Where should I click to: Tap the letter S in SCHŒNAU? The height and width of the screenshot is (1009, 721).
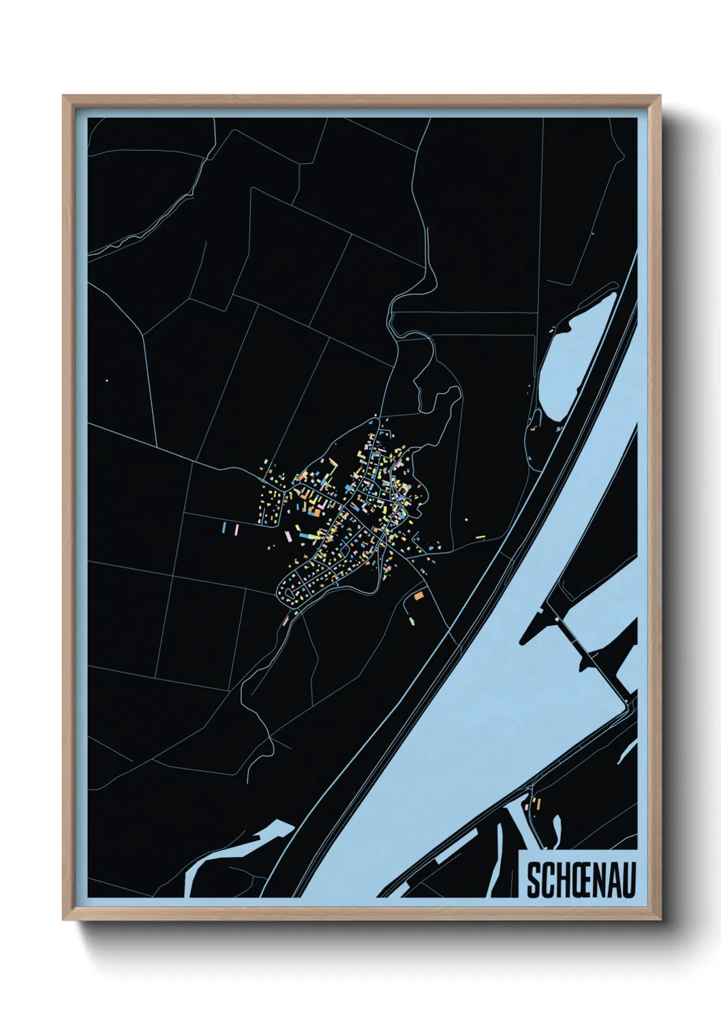coord(533,880)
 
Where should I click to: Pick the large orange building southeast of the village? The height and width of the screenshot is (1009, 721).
coord(419,597)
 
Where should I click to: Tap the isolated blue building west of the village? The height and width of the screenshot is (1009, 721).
coord(224,527)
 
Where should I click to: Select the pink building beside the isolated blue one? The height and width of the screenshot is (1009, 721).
coord(236,529)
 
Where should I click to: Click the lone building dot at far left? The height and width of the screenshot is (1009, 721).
coord(107,380)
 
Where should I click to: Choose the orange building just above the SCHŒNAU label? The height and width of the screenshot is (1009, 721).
coord(538,804)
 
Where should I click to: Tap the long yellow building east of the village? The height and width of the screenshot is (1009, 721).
coord(480,537)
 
